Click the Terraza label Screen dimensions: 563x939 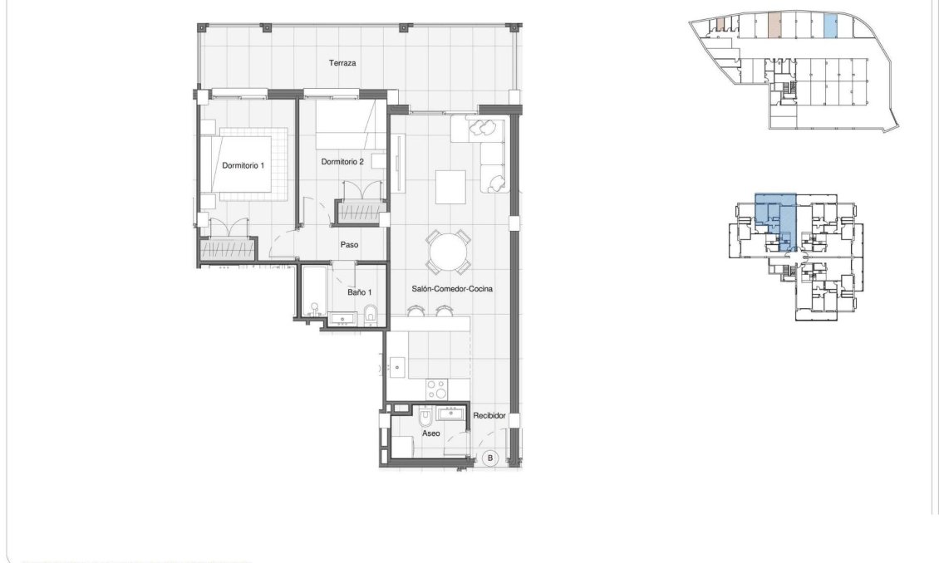coord(342,63)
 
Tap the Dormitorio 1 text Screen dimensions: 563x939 coord(243,165)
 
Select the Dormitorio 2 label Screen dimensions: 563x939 coord(342,162)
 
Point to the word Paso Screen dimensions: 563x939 coord(349,245)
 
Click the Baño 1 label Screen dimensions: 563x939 coord(359,291)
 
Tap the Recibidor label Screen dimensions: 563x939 coord(489,415)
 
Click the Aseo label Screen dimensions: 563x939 coord(430,433)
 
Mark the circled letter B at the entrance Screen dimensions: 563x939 coord(490,458)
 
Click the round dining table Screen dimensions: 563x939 coord(450,251)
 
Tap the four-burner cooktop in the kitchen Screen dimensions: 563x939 coord(437,387)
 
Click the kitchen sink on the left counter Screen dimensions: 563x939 coord(397,365)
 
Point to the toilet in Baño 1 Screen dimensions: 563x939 coord(371,315)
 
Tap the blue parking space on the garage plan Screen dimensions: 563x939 coord(829,26)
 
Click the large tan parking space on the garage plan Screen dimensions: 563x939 coord(774,26)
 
